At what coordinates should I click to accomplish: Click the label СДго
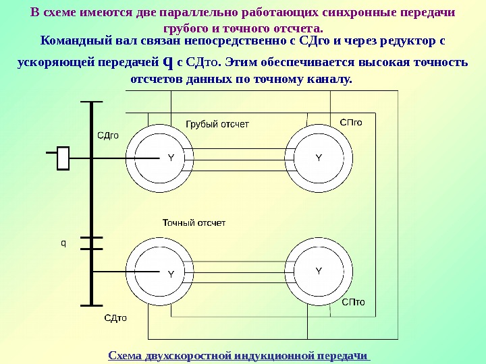(108, 135)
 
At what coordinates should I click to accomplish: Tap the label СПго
(351, 123)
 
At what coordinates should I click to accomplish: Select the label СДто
(115, 317)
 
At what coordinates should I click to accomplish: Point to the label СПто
(353, 302)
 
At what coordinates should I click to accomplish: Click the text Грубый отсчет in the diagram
(217, 124)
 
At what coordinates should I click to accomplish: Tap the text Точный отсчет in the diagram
(194, 222)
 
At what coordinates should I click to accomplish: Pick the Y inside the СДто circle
(171, 274)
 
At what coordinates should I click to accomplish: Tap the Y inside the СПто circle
(319, 271)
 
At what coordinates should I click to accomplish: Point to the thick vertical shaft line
(91, 202)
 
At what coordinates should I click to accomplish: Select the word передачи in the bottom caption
(347, 355)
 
